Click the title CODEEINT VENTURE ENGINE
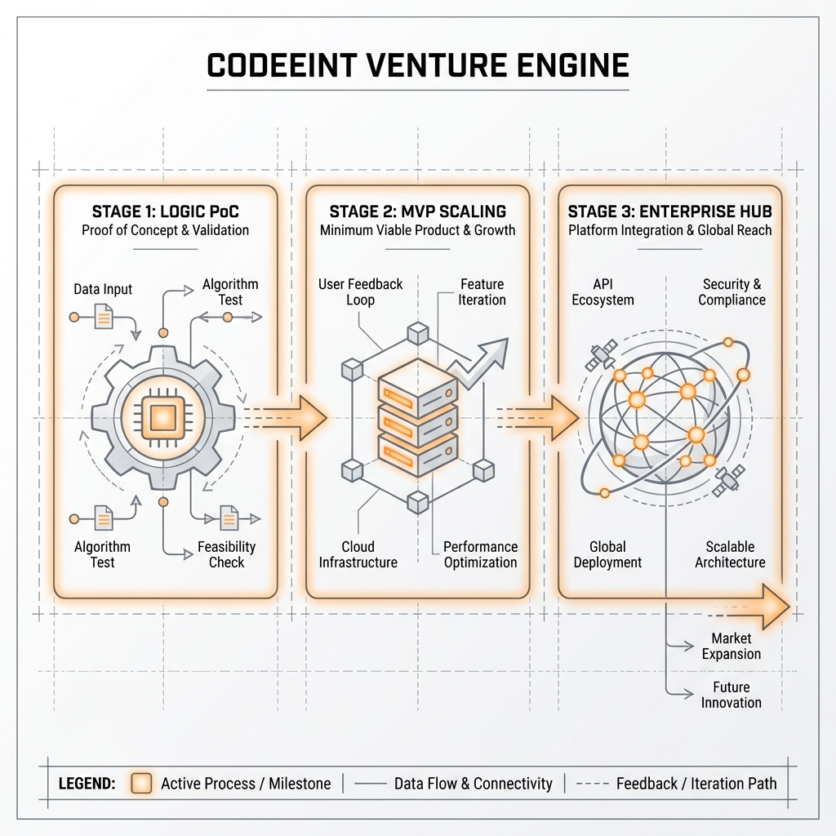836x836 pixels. pyautogui.click(x=417, y=64)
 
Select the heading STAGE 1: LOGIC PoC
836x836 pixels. pyautogui.click(x=166, y=211)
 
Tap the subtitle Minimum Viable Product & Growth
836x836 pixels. pyautogui.click(x=417, y=230)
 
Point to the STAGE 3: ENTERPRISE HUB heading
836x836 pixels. pyautogui.click(x=669, y=211)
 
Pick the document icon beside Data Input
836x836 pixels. pyautogui.click(x=104, y=316)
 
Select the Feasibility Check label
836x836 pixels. pyautogui.click(x=226, y=554)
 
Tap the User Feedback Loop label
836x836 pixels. pyautogui.click(x=360, y=292)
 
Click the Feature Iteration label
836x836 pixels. pyautogui.click(x=482, y=292)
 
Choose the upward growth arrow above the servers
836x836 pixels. pyautogui.click(x=482, y=359)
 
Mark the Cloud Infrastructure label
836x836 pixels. pyautogui.click(x=358, y=554)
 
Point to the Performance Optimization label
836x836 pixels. pyautogui.click(x=480, y=554)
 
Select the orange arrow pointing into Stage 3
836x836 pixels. pyautogui.click(x=556, y=417)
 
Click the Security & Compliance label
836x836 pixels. pyautogui.click(x=731, y=292)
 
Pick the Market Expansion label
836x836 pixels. pyautogui.click(x=731, y=646)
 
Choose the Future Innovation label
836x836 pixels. pyautogui.click(x=731, y=695)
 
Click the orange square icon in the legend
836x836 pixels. pyautogui.click(x=142, y=784)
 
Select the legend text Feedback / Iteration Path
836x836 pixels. pyautogui.click(x=696, y=784)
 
